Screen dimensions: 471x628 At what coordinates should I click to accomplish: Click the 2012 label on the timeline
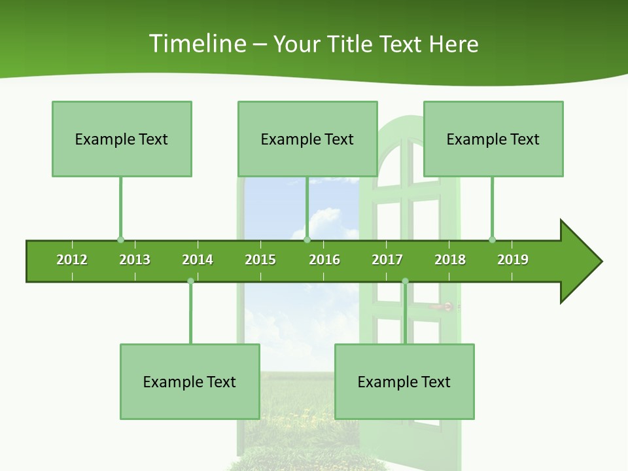(x=72, y=260)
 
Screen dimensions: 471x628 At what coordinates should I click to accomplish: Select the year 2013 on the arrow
(x=135, y=260)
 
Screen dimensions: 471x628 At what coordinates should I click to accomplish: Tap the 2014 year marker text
(x=198, y=260)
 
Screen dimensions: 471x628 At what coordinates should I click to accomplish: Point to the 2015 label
(x=260, y=260)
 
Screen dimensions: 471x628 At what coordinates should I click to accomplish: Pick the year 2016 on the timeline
(x=324, y=260)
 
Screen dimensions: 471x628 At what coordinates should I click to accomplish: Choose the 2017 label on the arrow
(x=387, y=260)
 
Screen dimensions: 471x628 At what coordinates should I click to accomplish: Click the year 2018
(x=450, y=260)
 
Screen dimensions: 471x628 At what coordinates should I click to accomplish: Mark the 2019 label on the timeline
(x=513, y=260)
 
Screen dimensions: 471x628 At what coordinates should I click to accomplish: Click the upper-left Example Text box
(x=122, y=139)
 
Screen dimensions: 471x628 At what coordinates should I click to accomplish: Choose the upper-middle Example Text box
(x=307, y=139)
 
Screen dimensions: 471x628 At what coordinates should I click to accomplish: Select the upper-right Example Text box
(x=493, y=139)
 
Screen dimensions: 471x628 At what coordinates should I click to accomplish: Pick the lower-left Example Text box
(x=190, y=381)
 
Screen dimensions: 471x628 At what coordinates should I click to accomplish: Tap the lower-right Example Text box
(x=404, y=381)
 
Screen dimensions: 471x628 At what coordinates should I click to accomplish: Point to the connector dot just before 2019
(x=492, y=239)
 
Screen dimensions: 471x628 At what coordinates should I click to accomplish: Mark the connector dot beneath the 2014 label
(x=190, y=281)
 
